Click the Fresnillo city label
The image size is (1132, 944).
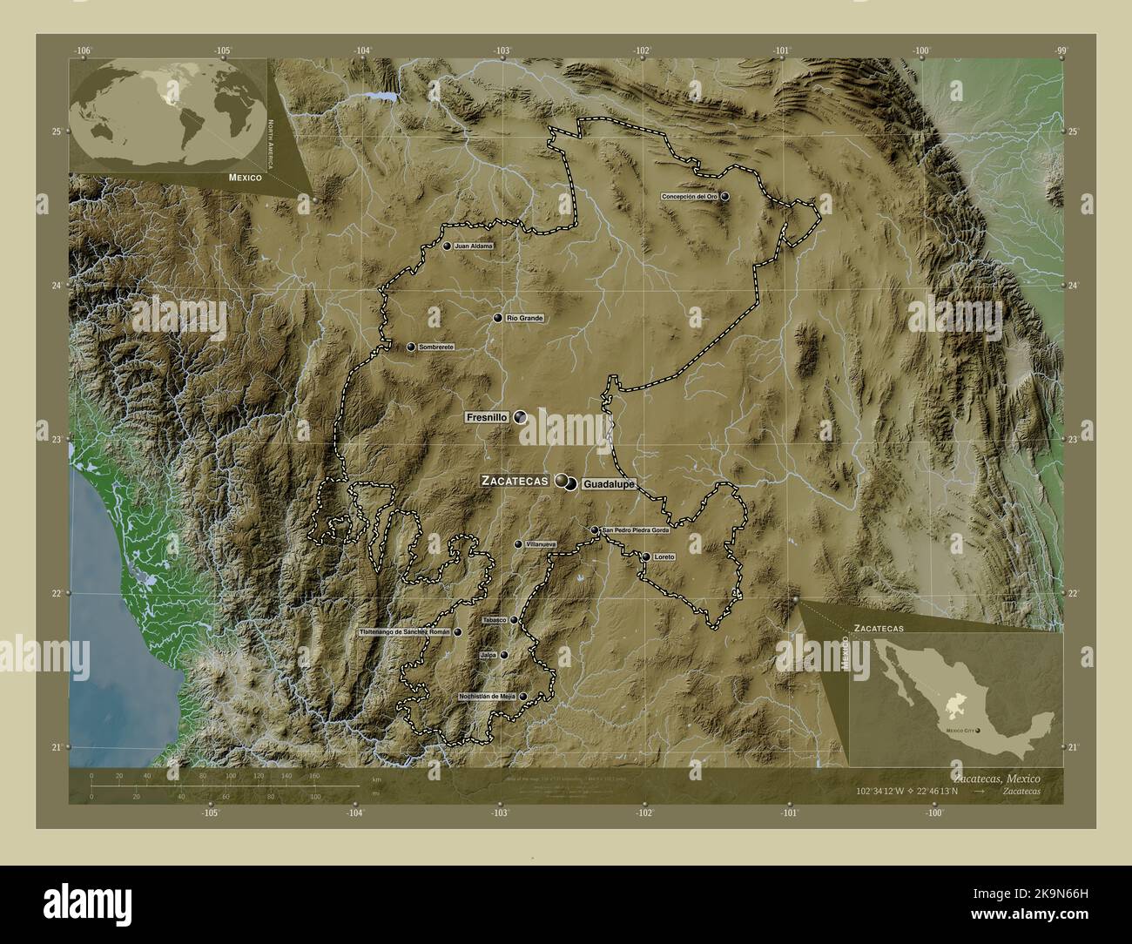tap(487, 418)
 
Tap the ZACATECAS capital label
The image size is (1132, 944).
tap(514, 480)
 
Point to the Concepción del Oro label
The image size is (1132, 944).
tap(690, 198)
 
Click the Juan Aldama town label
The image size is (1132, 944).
tap(474, 246)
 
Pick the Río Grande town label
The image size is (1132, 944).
tap(524, 319)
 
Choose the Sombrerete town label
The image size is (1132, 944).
tap(436, 347)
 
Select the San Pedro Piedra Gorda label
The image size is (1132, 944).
tap(636, 530)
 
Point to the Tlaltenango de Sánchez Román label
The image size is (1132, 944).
tap(406, 632)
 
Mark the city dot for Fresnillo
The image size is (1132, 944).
tap(520, 418)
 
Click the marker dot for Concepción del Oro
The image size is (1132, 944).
tap(724, 197)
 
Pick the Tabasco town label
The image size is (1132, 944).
tap(494, 620)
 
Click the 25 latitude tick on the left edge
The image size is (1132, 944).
tap(56, 131)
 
